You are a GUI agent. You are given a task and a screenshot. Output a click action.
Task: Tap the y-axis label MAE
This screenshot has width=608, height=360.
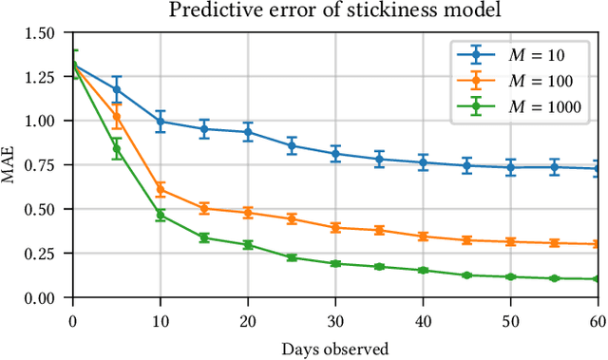click(11, 165)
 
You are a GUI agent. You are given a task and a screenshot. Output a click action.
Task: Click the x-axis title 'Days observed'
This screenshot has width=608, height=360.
click(335, 349)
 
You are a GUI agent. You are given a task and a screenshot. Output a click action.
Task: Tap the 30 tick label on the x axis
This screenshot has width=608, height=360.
click(335, 321)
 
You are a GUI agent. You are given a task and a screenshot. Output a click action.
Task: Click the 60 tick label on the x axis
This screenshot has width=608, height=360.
click(598, 321)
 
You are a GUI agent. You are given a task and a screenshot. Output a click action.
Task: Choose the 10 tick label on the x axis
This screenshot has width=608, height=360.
click(161, 321)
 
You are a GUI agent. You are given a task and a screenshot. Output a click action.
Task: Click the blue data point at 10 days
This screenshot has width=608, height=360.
click(161, 122)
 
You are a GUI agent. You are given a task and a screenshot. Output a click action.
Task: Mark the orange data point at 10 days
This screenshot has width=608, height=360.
click(161, 190)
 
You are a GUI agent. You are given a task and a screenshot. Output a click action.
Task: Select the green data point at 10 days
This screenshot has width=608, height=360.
click(161, 216)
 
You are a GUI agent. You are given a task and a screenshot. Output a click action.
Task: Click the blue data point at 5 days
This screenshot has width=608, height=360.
click(117, 89)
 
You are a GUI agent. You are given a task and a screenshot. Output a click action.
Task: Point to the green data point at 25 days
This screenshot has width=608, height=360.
click(292, 258)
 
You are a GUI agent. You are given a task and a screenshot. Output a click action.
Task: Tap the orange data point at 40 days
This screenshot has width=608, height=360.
click(423, 237)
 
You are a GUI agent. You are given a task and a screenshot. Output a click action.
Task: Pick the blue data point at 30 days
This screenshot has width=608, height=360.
click(335, 154)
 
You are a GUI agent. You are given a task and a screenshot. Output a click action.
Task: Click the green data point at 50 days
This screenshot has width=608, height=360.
click(510, 277)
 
